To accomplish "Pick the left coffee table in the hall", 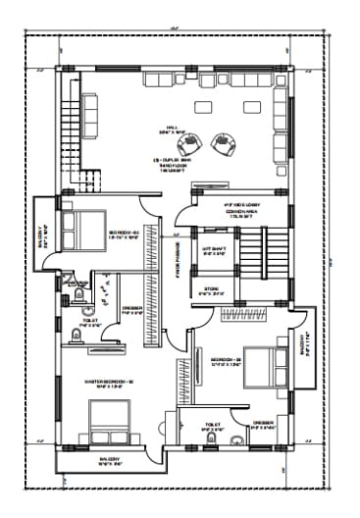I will [x=205, y=107].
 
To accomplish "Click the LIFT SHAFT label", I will [x=214, y=251].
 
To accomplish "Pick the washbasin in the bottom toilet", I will [x=236, y=440].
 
